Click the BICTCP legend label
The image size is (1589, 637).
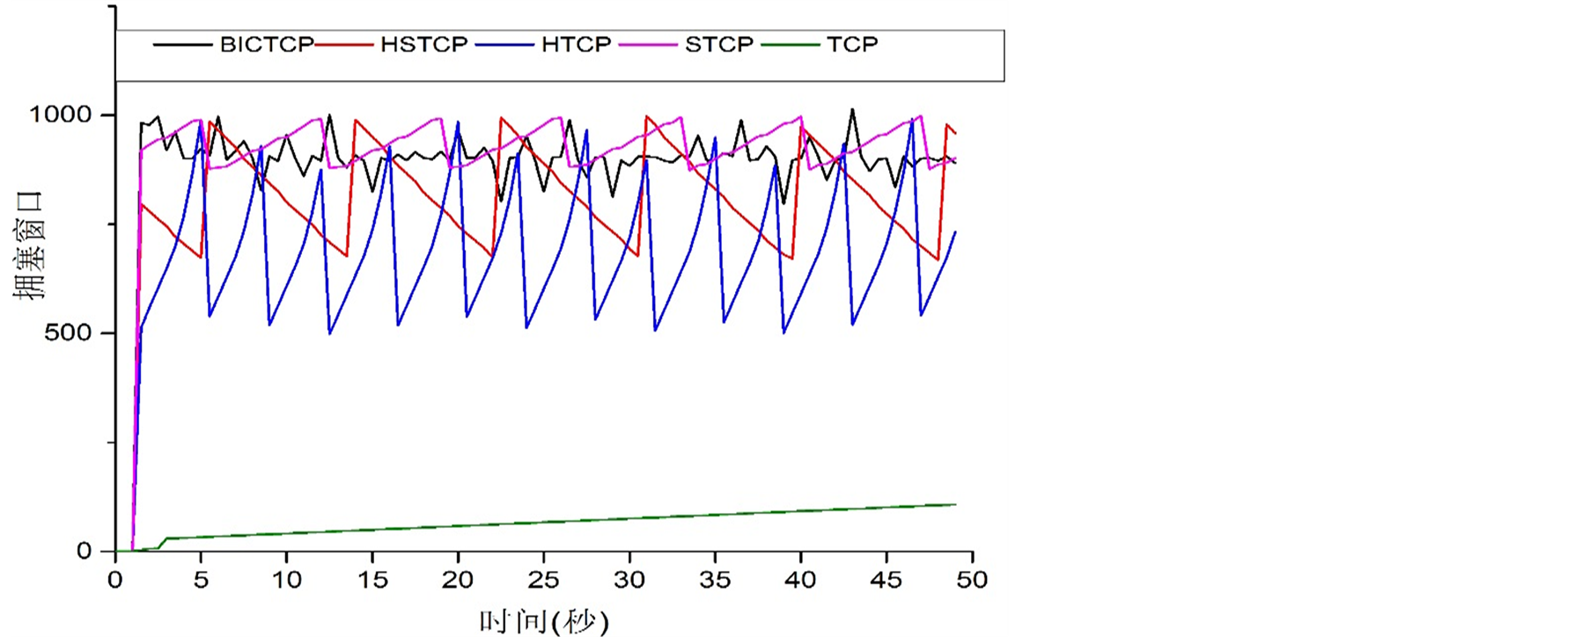[x=266, y=44]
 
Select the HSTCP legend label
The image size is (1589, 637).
[x=423, y=44]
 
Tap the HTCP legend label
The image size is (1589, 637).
[x=576, y=44]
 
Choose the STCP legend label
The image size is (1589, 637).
[x=718, y=44]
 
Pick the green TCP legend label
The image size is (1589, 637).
[x=851, y=44]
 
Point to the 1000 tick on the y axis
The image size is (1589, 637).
[x=60, y=114]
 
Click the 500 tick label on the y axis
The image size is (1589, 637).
[x=67, y=333]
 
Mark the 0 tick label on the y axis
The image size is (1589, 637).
[x=85, y=551]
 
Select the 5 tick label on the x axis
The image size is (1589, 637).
[x=201, y=580]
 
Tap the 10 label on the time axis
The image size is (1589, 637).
[x=286, y=580]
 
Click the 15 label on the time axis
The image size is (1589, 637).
[x=372, y=580]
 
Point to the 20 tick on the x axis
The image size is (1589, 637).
[x=458, y=580]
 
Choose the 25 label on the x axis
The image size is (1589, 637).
[x=544, y=580]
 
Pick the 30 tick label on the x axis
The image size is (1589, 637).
[x=629, y=580]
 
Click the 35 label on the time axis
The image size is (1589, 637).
[x=715, y=580]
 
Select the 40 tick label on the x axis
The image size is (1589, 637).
[x=801, y=580]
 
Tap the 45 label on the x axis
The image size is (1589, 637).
[x=886, y=580]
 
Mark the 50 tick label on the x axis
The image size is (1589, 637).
[x=972, y=580]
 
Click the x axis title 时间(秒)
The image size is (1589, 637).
[x=543, y=621]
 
